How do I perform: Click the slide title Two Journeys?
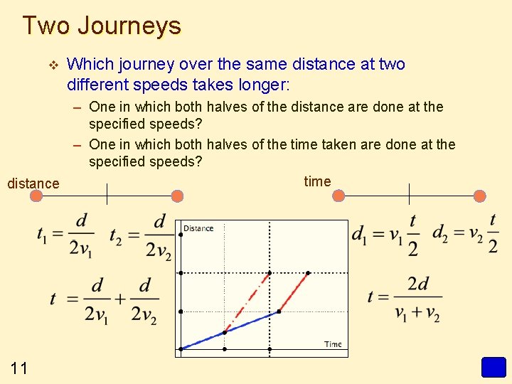pos(102,26)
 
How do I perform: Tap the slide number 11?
pos(19,368)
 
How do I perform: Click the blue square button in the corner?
pos(493,368)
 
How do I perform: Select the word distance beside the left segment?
pos(33,183)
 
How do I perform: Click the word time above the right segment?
pos(317,181)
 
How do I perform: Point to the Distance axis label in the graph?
pos(198,228)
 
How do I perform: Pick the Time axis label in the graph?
pos(333,344)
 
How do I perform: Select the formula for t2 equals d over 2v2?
pos(140,235)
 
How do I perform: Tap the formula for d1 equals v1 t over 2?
pos(385,235)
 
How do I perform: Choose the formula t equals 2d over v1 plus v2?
pos(405,298)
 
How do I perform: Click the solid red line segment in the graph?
pos(293,292)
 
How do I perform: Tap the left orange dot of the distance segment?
pos(38,196)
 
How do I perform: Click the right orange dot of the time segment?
pos(480,196)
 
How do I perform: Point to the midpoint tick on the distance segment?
pos(107,194)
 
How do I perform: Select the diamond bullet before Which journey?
pos(50,65)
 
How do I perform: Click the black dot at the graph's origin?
pos(181,348)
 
